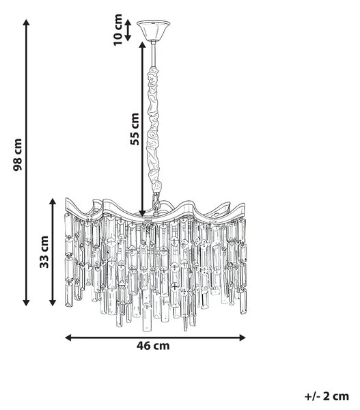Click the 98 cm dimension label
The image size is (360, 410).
(x=18, y=154)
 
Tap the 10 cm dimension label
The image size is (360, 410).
(x=118, y=30)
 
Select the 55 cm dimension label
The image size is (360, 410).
(x=135, y=129)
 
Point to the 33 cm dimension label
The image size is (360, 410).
(x=44, y=251)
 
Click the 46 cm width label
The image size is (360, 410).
(x=153, y=346)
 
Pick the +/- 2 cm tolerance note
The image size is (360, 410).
(x=327, y=396)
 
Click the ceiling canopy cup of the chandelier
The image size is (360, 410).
(x=154, y=30)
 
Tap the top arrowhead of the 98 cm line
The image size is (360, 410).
(x=26, y=23)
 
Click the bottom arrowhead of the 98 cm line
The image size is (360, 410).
(x=26, y=303)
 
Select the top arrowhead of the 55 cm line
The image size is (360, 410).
(x=142, y=44)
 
